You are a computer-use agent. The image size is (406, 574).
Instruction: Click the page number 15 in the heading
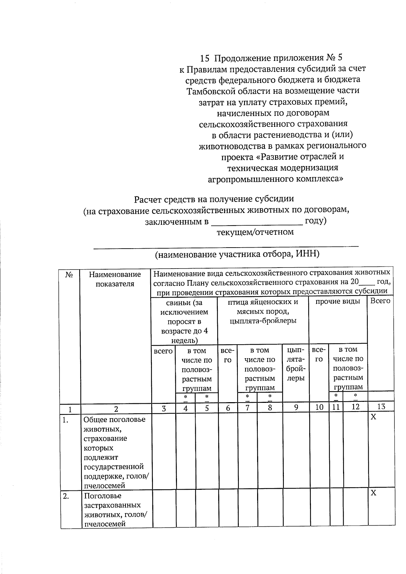[x=205, y=59]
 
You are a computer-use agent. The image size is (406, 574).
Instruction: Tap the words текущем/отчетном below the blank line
[x=255, y=232]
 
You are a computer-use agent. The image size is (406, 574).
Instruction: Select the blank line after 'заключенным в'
[x=257, y=223]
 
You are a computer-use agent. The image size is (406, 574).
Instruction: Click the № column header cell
[x=69, y=275]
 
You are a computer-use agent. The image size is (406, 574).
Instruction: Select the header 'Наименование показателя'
[x=115, y=279]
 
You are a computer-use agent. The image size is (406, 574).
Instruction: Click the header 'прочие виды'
[x=338, y=301]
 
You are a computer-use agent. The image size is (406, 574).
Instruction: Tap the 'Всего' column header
[x=380, y=301]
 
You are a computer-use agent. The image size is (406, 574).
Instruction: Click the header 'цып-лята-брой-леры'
[x=295, y=364]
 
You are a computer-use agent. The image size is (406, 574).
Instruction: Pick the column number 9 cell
[x=296, y=408]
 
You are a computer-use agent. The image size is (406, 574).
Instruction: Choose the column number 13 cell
[x=381, y=407]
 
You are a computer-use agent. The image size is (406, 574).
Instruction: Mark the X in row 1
[x=373, y=417]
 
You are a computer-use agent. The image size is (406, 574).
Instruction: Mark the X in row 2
[x=373, y=493]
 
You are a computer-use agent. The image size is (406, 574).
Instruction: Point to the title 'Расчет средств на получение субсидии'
[x=214, y=199]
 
